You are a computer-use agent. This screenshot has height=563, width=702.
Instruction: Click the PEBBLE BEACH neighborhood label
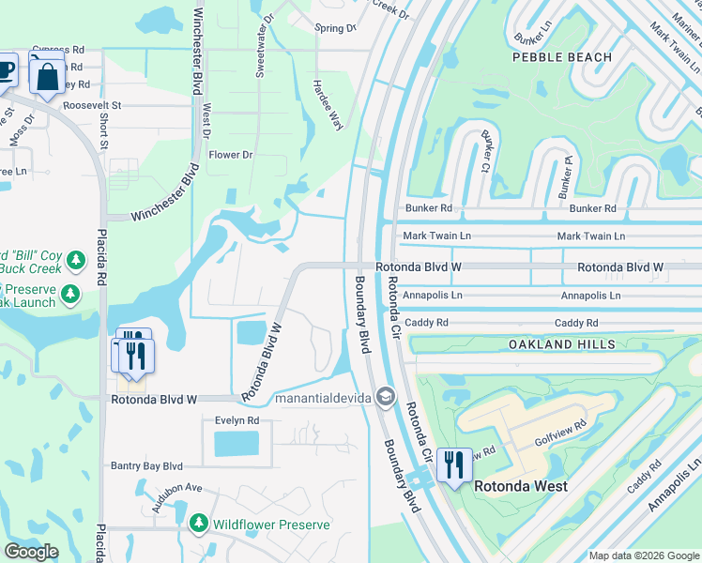[x=562, y=57]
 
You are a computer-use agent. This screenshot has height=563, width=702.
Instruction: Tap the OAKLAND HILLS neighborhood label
[x=562, y=344]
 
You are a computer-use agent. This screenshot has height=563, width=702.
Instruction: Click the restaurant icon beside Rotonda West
[x=453, y=464]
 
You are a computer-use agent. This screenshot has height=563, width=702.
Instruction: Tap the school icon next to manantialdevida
[x=384, y=398]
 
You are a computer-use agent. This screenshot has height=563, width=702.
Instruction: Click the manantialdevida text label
[x=324, y=399]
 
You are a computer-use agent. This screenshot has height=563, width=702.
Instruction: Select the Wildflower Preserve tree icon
[x=198, y=522]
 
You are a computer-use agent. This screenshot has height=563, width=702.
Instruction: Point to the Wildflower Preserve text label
[x=267, y=522]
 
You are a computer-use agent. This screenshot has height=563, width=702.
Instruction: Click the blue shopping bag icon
[x=47, y=75]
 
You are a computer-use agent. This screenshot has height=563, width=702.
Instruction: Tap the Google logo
[x=31, y=551]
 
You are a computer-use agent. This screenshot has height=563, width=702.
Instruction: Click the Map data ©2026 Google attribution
[x=644, y=555]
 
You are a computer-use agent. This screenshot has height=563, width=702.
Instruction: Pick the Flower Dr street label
[x=231, y=155]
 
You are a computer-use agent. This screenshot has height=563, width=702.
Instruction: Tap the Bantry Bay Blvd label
[x=146, y=465]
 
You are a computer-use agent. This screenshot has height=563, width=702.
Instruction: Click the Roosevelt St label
[x=93, y=106]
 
